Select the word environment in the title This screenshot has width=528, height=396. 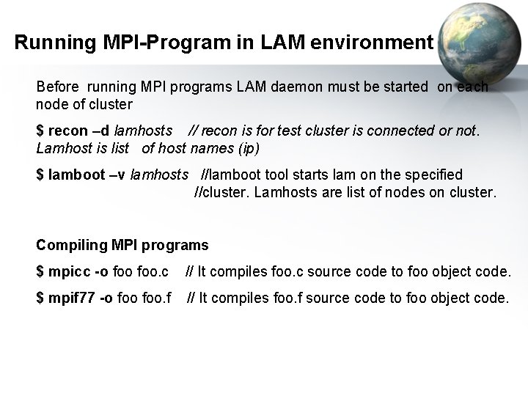(373, 43)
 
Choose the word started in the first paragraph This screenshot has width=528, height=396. (403, 87)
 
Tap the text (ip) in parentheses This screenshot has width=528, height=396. (248, 147)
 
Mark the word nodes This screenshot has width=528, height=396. (407, 193)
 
